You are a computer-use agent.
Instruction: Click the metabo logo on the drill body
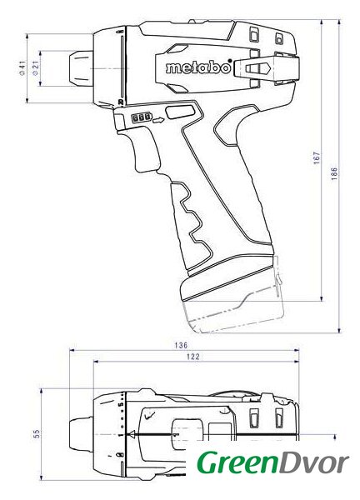[198, 67]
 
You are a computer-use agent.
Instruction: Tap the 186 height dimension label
[334, 174]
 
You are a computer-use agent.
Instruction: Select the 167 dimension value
[316, 157]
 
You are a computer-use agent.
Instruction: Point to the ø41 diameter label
[22, 68]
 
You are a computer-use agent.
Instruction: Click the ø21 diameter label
[35, 68]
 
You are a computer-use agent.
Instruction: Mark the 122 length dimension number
[193, 357]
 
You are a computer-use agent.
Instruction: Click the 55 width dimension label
[37, 433]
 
